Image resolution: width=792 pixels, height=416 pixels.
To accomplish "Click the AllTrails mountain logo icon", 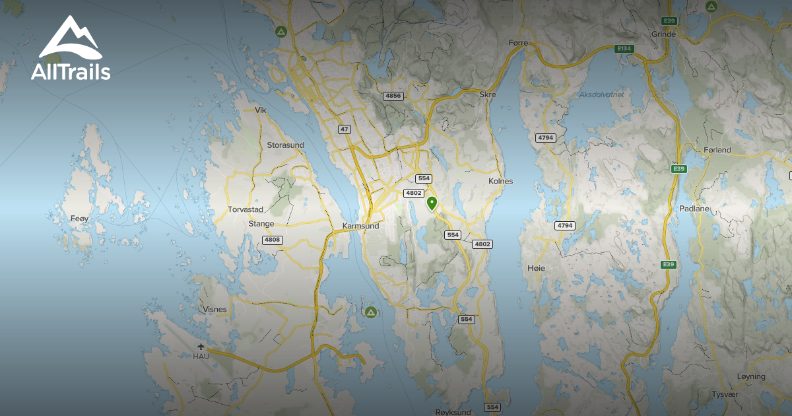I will coord(69,38).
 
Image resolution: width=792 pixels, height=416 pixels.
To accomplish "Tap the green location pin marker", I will coord(432,203).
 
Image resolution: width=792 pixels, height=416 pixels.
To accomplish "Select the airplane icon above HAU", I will coord(201,347).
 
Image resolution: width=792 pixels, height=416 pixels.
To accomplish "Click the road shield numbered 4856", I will coord(393,96).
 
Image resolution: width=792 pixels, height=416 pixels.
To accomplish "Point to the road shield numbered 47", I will coord(345,129).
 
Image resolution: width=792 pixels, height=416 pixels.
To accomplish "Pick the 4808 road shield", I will coord(272,240).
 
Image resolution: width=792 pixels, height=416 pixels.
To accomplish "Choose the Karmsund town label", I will coord(361,226).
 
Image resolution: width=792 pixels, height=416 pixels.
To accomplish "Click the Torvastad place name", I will coord(246,209).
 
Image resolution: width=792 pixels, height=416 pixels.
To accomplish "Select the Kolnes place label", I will coord(500,181).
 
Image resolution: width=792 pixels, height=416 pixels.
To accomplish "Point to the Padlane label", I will coord(694,208).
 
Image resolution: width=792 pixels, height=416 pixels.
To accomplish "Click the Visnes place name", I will coord(215,309).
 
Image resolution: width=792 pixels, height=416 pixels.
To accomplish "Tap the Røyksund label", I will coord(453,412).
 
